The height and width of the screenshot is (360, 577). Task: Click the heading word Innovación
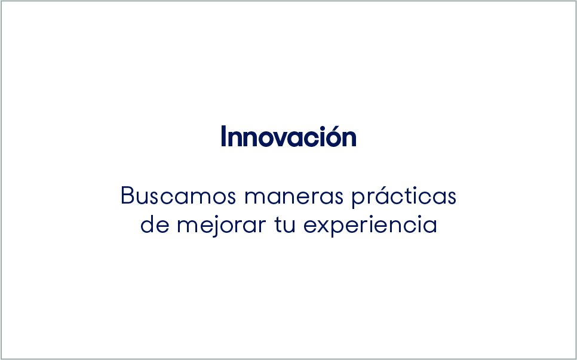click(x=288, y=137)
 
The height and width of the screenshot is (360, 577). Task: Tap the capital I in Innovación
click(x=223, y=137)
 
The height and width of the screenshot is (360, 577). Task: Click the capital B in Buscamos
click(x=127, y=196)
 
